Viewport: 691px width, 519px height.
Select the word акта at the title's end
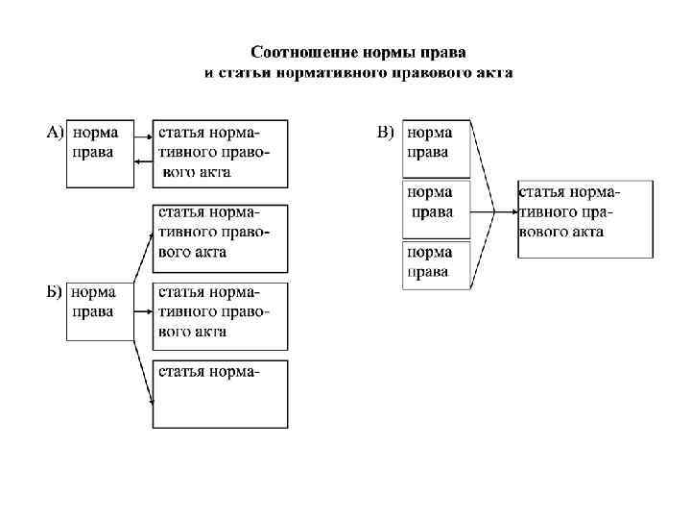tap(491, 72)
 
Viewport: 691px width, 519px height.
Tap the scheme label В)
tap(385, 132)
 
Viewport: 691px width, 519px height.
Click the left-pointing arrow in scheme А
tap(143, 162)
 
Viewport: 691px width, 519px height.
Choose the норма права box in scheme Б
tap(99, 310)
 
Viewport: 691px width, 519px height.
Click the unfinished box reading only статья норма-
tap(219, 392)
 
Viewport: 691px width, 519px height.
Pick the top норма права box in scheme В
tap(437, 148)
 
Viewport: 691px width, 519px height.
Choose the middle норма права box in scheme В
tap(437, 208)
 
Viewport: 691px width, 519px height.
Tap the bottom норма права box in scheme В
tap(437, 264)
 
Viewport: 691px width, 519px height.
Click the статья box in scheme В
tap(573, 218)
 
